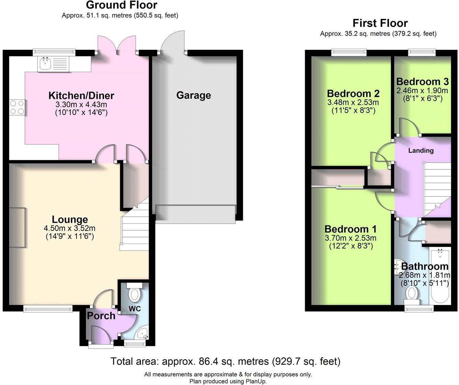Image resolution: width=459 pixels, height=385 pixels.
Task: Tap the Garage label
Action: tap(193, 95)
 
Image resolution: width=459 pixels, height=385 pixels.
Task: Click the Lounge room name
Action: tap(70, 220)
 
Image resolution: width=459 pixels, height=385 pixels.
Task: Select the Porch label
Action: tap(101, 316)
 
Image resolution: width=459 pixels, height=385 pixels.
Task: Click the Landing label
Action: tap(421, 150)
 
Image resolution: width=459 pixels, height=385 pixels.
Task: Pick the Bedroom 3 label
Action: tap(422, 82)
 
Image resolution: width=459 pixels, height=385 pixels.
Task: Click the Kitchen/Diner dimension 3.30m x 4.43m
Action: tap(81, 104)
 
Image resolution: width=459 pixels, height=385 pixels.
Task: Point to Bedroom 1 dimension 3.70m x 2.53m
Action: tap(350, 238)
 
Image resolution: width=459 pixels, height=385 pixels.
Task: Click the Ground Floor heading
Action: tap(121, 5)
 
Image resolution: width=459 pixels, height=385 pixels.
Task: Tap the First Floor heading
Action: tap(380, 23)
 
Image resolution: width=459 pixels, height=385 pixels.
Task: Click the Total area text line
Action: tap(225, 361)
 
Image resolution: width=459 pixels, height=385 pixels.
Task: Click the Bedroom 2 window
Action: tap(349, 52)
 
